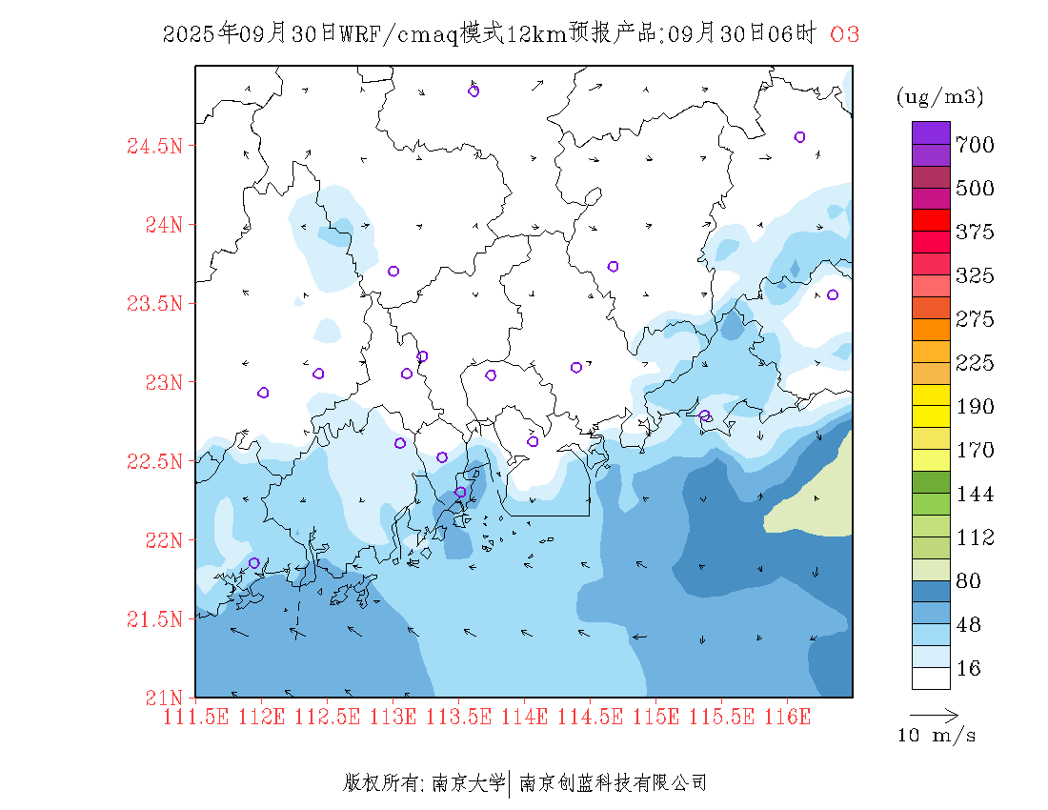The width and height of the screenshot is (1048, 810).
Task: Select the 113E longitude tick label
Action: coord(393,716)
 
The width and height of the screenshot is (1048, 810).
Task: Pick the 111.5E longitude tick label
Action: coord(195,716)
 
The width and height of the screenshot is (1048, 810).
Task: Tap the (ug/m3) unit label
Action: coord(939,97)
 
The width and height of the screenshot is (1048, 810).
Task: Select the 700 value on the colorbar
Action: coord(975,145)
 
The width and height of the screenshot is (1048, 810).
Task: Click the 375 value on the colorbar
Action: coord(975,233)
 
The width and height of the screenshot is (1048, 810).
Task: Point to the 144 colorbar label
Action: coord(975,495)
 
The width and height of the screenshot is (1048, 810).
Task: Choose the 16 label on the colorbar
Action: coord(968,670)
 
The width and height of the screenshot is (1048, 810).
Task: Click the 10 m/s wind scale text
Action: coord(937,736)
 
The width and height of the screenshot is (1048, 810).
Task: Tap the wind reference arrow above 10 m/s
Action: coord(934,714)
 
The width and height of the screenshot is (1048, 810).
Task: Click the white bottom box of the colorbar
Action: coord(931,678)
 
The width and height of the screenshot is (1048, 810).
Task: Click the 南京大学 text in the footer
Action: coord(468,784)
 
